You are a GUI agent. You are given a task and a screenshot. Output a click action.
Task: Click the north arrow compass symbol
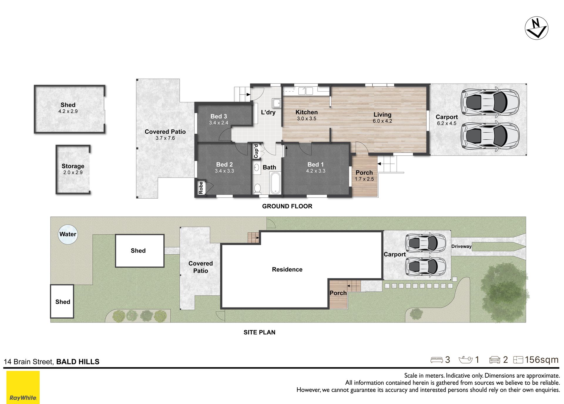click(536, 28)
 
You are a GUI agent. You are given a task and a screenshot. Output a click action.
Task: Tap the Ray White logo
click(23, 387)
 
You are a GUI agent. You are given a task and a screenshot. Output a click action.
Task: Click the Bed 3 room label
click(219, 116)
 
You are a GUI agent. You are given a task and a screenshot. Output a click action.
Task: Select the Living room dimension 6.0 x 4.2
click(382, 121)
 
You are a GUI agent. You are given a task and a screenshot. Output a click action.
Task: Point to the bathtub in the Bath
click(275, 183)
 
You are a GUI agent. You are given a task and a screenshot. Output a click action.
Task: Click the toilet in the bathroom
click(257, 188)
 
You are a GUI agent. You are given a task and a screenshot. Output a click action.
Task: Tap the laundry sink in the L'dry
click(276, 103)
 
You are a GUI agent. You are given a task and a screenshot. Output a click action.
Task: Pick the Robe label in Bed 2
click(201, 188)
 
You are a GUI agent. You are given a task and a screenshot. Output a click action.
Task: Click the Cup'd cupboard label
click(256, 151)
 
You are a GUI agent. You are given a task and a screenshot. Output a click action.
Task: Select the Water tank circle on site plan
click(68, 234)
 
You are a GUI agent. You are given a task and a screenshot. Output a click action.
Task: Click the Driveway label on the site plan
click(461, 246)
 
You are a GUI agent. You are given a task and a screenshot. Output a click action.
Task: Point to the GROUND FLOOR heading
click(287, 206)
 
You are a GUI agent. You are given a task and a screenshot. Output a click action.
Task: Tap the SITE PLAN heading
click(259, 332)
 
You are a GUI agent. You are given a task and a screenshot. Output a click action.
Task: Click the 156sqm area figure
click(542, 360)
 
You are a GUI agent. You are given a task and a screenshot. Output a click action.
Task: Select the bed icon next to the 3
click(437, 360)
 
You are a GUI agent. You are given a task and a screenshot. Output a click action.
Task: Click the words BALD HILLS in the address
click(78, 362)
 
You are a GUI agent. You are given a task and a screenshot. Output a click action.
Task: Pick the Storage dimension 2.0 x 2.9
click(73, 173)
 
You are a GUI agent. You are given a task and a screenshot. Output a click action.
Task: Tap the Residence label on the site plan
click(287, 270)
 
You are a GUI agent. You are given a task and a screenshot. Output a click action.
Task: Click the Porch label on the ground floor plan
click(364, 173)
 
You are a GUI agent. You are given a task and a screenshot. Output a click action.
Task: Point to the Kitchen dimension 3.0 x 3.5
click(307, 119)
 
